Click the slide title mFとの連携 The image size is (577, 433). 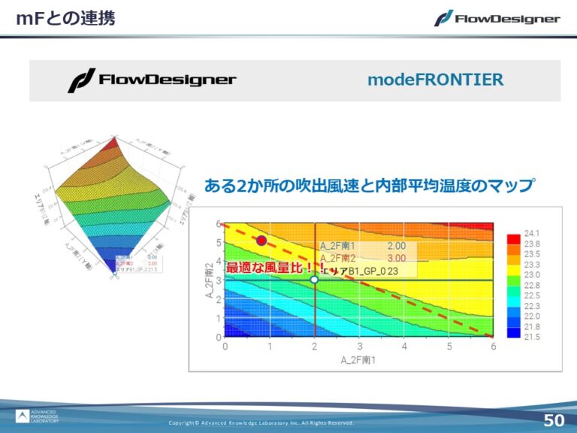point(66,18)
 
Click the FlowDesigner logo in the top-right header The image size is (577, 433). point(497,18)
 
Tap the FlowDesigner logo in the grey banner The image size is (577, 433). point(152,80)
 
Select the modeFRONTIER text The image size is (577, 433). point(436,80)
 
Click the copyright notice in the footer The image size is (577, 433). point(261,423)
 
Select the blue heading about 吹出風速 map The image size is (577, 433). point(370,185)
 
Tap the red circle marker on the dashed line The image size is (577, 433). point(261,241)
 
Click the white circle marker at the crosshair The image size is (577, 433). point(315,279)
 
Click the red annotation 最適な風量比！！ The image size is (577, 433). point(271,268)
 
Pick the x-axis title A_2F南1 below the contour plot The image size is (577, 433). point(359,360)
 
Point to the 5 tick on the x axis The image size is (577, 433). point(449,347)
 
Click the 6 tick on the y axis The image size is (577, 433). point(219,224)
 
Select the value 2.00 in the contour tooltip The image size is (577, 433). point(397,246)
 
